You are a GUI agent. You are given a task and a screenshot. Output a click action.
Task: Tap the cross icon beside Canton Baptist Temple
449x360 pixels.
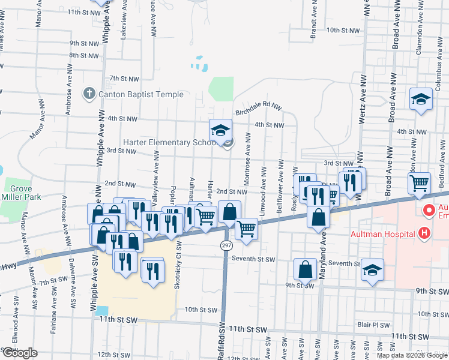pos(89,94)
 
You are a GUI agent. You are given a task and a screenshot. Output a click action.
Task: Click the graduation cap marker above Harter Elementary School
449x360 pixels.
pos(220,130)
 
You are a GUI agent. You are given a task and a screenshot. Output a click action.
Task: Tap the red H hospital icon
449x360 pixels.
pos(424,232)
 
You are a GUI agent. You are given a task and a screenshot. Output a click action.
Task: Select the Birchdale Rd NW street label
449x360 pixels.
pos(258,109)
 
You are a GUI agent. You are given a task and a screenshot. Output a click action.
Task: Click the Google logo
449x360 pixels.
pos(20,353)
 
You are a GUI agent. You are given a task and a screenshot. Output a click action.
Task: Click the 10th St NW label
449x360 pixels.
pos(343,29)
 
